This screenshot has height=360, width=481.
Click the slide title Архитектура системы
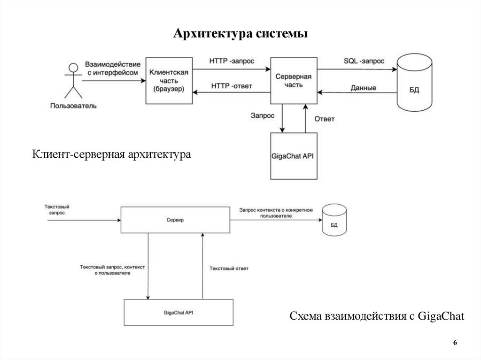pos(240,34)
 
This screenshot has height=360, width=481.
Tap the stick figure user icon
pos(72,80)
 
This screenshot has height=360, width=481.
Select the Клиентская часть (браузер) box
pos(169,80)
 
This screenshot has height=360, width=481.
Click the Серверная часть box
pos(293,80)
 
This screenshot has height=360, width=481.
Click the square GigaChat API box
pos(294,156)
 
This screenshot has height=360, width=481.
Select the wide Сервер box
pos(175,219)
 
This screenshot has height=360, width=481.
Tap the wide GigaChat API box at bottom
pos(178,312)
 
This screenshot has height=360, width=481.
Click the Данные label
pos(363,88)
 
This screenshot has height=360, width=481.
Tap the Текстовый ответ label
pos(229,268)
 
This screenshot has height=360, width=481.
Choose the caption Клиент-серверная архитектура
pos(112,154)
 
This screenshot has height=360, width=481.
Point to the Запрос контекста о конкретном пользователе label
pos(275,213)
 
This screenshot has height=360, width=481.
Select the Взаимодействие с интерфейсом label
pos(113,68)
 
